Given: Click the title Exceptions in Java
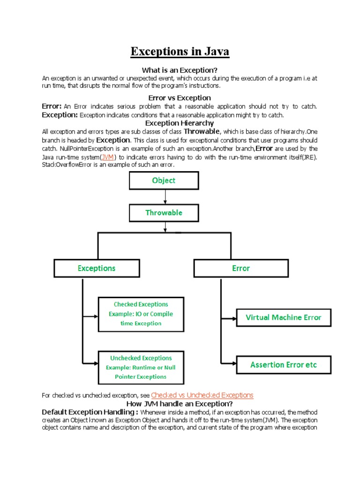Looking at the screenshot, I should pos(180,51).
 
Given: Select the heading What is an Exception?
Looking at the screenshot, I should pos(180,70).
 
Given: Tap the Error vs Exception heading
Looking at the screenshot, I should pos(180,98).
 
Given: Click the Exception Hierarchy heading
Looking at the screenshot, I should pos(180,123).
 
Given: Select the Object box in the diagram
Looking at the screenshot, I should pos(164,180).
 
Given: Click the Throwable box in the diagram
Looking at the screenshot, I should pos(164,212).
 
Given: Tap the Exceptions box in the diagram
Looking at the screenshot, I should pos(96,268).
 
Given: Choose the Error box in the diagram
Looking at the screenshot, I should pos(240,268).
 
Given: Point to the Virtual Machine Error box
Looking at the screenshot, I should pos(284,317).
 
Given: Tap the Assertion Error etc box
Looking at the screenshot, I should pos(284,364).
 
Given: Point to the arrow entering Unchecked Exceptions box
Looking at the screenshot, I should pos(90,362).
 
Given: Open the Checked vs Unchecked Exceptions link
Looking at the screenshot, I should pos(202,395).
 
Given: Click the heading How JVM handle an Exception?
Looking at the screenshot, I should pos(180,404).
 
